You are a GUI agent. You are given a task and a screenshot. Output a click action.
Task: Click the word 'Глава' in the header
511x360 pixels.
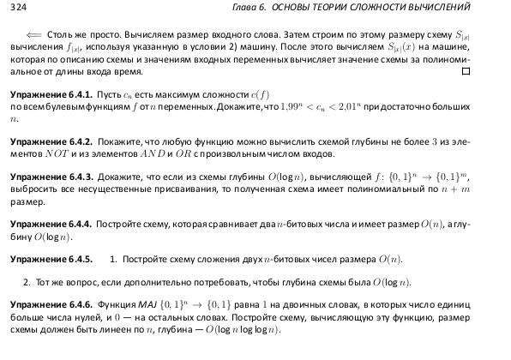click(261, 9)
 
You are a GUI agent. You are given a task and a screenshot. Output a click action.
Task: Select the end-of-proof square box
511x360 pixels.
click(466, 72)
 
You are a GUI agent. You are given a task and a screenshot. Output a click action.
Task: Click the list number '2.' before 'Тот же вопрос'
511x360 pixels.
click(27, 281)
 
